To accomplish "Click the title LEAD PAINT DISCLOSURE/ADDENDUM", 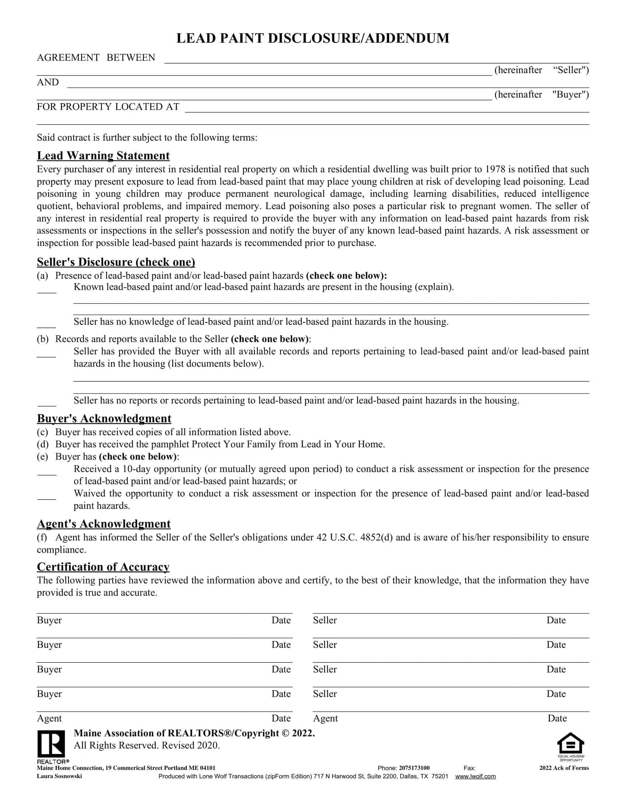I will coord(313,38).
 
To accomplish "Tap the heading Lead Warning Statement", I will coord(103,155).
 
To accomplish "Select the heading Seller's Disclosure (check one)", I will coord(116,262).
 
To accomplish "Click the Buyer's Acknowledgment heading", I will coord(104,418).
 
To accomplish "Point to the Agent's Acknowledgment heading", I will coord(103,524).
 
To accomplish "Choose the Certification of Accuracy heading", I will coord(103,567).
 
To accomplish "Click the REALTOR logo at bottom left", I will coord(51,744).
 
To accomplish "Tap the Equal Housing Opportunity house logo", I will coord(570,744).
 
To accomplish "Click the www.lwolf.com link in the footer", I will coord(475,776).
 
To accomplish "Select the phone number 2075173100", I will coord(414,768).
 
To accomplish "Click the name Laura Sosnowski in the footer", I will coord(59,776).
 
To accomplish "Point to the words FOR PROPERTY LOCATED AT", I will coord(108,107).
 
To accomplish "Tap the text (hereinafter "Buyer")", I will coord(541,95).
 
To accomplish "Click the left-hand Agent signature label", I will coord(49,718).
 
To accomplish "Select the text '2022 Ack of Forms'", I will coord(564,768).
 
